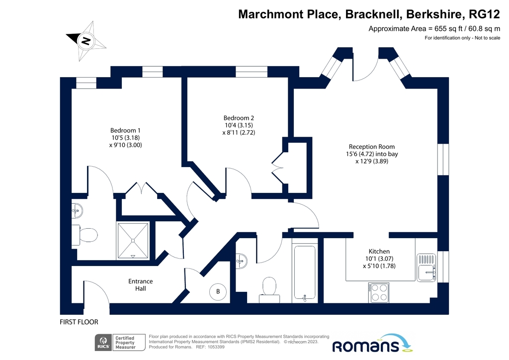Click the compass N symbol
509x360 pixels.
point(86,41)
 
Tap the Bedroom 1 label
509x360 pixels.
point(125,130)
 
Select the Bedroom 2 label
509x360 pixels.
point(239,118)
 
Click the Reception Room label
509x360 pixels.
point(372,147)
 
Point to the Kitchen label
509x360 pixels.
point(379,251)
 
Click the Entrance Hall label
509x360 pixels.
point(140,285)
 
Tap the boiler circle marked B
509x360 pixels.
point(218,291)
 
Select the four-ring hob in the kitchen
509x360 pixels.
point(378,292)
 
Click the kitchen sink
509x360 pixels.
point(426,267)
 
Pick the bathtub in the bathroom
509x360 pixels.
point(305,273)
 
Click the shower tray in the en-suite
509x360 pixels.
point(133,241)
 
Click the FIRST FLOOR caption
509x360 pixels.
point(79,322)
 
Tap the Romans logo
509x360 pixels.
point(372,344)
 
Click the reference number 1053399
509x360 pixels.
point(216,347)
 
